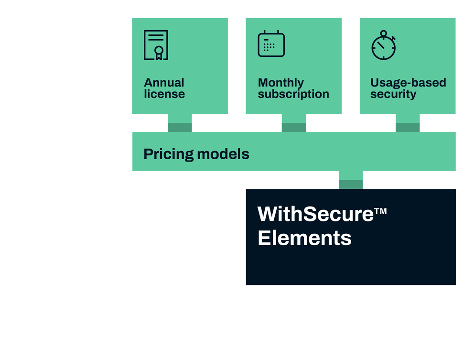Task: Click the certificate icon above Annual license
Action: [x=156, y=45]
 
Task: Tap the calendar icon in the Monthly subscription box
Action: [x=271, y=44]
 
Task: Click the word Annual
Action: [x=164, y=83]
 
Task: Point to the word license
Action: [x=164, y=94]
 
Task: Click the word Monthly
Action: [x=280, y=83]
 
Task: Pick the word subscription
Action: [x=293, y=94]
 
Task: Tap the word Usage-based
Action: [x=408, y=83]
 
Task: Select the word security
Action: [x=393, y=94]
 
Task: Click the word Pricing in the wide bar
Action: [x=168, y=154]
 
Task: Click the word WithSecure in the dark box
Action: [x=315, y=214]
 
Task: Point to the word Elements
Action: [x=304, y=238]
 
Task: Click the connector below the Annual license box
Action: [x=180, y=123]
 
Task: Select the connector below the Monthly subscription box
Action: [x=294, y=123]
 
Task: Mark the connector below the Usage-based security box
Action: [x=408, y=123]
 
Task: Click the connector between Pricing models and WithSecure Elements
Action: [x=351, y=180]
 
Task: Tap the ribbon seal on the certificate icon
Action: [x=159, y=51]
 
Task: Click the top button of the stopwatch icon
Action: [x=383, y=33]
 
